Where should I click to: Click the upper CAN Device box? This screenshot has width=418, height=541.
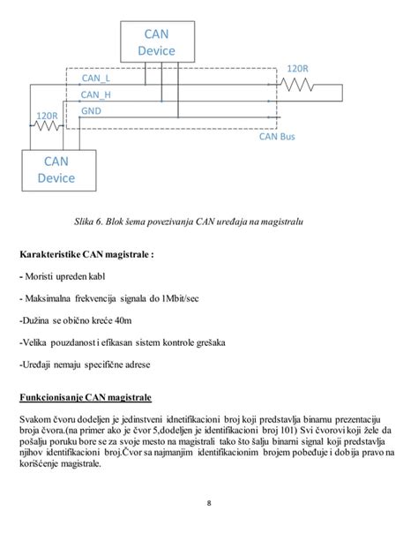coord(157,42)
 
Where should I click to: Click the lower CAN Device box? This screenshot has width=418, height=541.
coord(56,169)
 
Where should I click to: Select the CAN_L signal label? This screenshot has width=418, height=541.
coord(94,79)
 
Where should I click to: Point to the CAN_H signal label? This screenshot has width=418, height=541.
coord(95,95)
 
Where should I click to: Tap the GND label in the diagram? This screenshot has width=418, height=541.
coord(90,111)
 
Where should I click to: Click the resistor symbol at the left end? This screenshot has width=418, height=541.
coord(49,126)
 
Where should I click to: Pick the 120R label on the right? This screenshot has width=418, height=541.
coord(298,69)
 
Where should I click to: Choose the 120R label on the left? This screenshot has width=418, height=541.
coord(48,115)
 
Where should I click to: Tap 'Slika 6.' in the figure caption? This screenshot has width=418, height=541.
coord(131,220)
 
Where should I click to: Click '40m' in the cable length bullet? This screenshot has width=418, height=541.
coord(126,320)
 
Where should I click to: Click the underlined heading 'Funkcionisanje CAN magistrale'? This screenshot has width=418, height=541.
coord(87,397)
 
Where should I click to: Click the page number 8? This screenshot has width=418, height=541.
coord(209,504)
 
